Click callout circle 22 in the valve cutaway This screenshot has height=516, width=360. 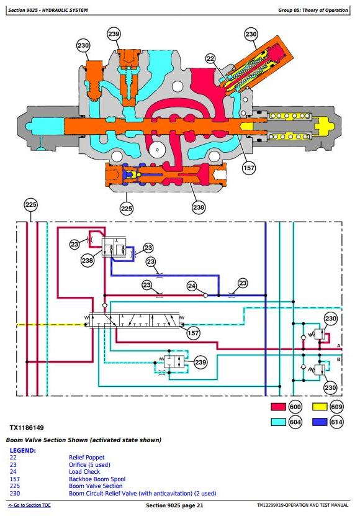point(210,59)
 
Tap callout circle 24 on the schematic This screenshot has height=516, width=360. point(192,286)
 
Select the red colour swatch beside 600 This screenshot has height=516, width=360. point(278,407)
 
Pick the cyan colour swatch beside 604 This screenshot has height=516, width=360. point(278,422)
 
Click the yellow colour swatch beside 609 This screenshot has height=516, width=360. point(320,407)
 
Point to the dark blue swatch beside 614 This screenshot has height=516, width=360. point(320,422)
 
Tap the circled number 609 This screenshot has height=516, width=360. point(336,407)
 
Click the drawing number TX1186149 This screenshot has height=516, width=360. point(27,428)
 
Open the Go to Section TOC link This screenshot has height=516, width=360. point(29,505)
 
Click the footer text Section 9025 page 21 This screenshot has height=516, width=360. point(174,505)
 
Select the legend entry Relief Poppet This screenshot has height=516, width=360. point(86,458)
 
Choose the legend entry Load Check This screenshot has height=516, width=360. point(84,471)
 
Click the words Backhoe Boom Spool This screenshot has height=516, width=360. point(97,479)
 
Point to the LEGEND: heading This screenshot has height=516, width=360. point(23,451)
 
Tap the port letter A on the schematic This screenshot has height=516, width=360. point(339,345)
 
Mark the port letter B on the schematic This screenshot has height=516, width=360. point(339,360)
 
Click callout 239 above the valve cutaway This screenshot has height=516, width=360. point(114,34)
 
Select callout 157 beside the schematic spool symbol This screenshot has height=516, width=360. point(193,333)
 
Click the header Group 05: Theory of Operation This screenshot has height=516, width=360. point(313,10)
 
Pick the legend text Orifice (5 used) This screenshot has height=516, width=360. point(89,464)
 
